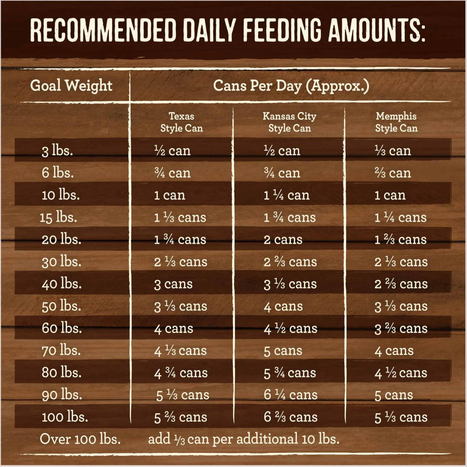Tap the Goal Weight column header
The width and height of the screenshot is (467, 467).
coord(71,86)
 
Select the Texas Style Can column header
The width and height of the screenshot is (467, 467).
coord(182,122)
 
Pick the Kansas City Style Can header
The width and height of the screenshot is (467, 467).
coord(290,122)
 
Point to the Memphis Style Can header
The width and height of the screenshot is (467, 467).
coord(396,122)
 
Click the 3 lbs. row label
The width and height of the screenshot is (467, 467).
coord(57,151)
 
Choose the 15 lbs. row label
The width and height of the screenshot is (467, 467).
coord(58,217)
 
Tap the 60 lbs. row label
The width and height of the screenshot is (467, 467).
coord(62,328)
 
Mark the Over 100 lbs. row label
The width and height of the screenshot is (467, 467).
coord(80,439)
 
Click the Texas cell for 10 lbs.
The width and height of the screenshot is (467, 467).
coord(170,195)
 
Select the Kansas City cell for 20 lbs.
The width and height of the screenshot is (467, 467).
coord(283,239)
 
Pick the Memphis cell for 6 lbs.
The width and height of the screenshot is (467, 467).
coord(393,173)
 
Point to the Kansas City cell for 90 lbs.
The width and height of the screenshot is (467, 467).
coord(290,395)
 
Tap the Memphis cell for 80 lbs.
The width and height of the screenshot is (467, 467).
coord(401,373)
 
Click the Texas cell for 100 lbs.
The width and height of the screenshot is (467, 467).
coord(181,417)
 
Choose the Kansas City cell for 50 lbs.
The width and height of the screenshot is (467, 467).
coord(283,306)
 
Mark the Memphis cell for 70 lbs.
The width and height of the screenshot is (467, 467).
coord(394,351)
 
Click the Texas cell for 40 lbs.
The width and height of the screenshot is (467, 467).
coord(173,284)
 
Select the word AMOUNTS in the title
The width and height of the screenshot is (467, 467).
coord(377,30)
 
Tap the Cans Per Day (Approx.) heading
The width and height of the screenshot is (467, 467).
coord(291,86)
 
